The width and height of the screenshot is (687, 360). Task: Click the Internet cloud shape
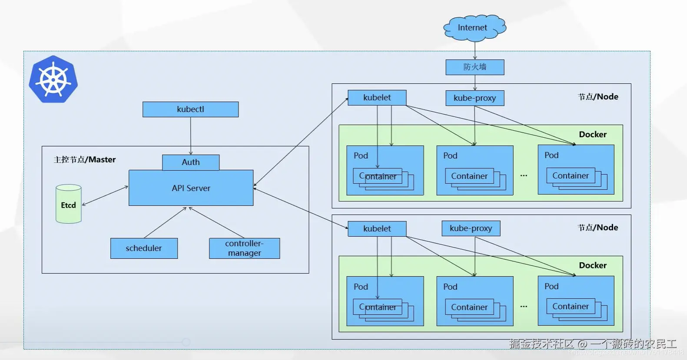474,28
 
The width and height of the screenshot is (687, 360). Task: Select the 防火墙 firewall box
475,67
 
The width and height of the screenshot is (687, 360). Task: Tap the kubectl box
190,109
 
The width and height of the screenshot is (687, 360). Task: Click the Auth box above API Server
191,162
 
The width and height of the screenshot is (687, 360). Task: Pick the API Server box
191,188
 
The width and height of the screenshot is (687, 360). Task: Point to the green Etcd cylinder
69,205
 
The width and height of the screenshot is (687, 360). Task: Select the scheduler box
144,248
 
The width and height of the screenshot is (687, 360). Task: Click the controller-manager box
244,248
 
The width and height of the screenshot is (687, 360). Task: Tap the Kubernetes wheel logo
53,79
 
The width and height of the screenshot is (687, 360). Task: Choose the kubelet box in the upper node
377,98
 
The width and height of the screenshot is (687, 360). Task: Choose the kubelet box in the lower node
377,229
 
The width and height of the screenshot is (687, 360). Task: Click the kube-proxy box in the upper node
475,98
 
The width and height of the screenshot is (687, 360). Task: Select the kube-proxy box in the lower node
471,228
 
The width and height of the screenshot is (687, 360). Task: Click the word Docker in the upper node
592,135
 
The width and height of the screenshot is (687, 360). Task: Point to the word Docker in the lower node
592,265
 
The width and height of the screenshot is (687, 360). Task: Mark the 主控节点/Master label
85,160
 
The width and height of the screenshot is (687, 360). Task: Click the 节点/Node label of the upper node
597,97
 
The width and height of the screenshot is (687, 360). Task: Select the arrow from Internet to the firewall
475,50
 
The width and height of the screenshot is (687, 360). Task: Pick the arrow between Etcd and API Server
105,195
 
